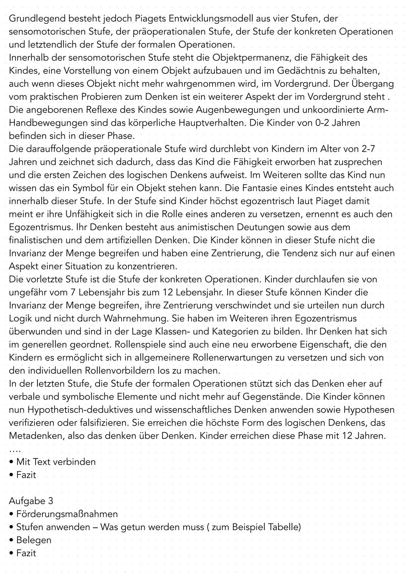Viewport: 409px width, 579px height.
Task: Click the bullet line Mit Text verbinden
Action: pos(56,462)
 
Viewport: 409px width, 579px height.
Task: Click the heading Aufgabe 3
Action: pos(31,501)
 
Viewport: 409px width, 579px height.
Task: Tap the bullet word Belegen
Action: pos(34,540)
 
